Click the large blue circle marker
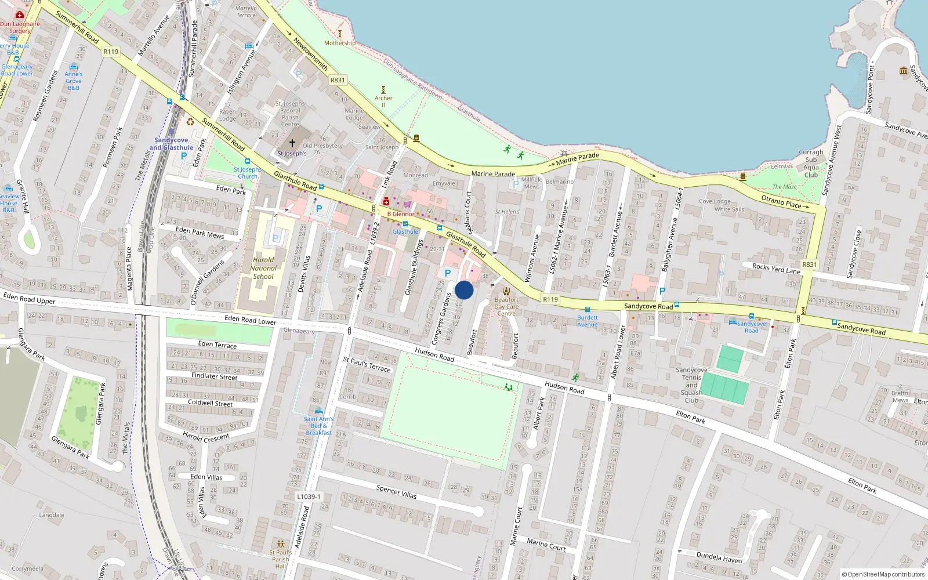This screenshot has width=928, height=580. pos(464,290)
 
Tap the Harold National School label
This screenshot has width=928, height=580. pos(263,269)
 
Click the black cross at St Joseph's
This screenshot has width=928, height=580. pos(292,143)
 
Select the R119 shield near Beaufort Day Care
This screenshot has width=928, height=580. pos(550,299)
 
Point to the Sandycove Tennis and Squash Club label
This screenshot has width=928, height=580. pos(691,385)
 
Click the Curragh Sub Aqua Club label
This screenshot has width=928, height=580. pos(811,164)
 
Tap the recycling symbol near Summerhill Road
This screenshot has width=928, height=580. pos(190,122)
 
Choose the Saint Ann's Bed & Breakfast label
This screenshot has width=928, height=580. pos(318,426)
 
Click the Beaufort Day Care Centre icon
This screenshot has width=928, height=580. pos(506,291)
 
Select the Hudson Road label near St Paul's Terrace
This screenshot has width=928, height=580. pos(434,354)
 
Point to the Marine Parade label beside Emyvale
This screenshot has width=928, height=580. pos(493,173)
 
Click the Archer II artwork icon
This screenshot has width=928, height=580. pos(383,90)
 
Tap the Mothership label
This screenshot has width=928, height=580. pos(340,43)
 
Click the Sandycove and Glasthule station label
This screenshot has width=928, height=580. pos(171,144)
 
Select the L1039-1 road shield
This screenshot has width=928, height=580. pos(308,496)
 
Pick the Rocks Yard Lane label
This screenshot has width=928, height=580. pos(776,269)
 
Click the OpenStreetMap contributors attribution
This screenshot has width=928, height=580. pos(883,575)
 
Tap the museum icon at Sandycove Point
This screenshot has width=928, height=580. pos(903,71)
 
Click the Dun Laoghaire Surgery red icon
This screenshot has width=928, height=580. pos(19,14)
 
